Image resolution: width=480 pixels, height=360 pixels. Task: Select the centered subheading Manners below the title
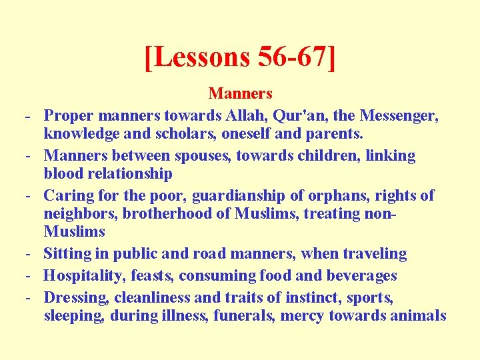coord(240,93)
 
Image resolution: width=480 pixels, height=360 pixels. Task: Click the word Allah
coord(241,116)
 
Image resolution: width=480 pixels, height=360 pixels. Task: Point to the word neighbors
coord(79,214)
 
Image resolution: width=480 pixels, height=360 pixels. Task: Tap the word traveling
coord(372,254)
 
